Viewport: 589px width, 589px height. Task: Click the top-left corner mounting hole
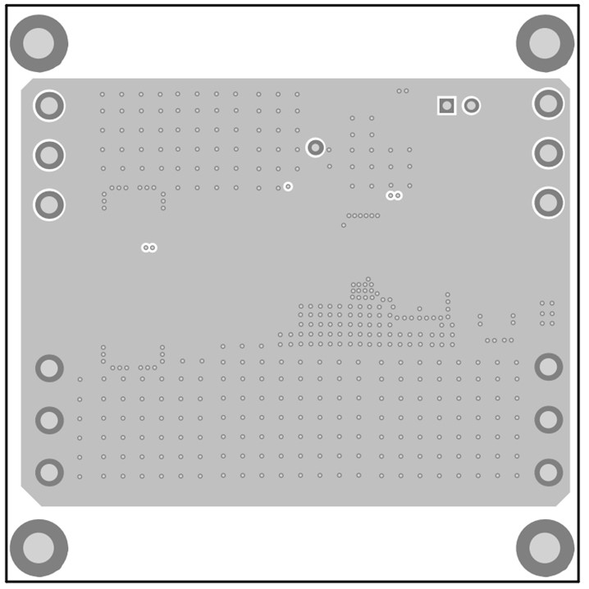click(39, 43)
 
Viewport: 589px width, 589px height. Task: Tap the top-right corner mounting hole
click(545, 43)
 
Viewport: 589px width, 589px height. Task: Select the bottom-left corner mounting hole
click(39, 547)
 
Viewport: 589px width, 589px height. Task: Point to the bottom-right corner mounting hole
click(545, 547)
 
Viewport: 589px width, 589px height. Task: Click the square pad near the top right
click(446, 105)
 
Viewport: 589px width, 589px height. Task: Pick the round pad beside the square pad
click(471, 105)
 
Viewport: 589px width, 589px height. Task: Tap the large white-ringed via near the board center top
click(315, 148)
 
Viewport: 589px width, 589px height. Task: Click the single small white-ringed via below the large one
click(288, 187)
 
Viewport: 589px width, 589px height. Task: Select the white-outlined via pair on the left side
click(148, 247)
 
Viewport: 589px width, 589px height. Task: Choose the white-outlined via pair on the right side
click(395, 195)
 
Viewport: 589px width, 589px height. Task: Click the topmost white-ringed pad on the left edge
click(49, 105)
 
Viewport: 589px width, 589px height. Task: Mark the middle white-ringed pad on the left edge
click(49, 154)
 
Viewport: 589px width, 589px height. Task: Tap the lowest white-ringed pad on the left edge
click(49, 203)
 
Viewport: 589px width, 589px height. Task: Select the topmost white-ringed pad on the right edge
click(548, 104)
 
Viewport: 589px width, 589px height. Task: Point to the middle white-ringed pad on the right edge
click(548, 153)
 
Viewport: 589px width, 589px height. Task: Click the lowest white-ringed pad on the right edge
click(548, 202)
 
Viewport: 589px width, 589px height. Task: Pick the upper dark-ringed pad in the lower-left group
click(49, 368)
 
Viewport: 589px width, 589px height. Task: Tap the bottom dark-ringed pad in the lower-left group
click(49, 472)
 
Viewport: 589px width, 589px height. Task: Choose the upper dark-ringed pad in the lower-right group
click(548, 367)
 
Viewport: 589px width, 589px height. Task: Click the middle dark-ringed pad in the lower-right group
click(548, 420)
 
